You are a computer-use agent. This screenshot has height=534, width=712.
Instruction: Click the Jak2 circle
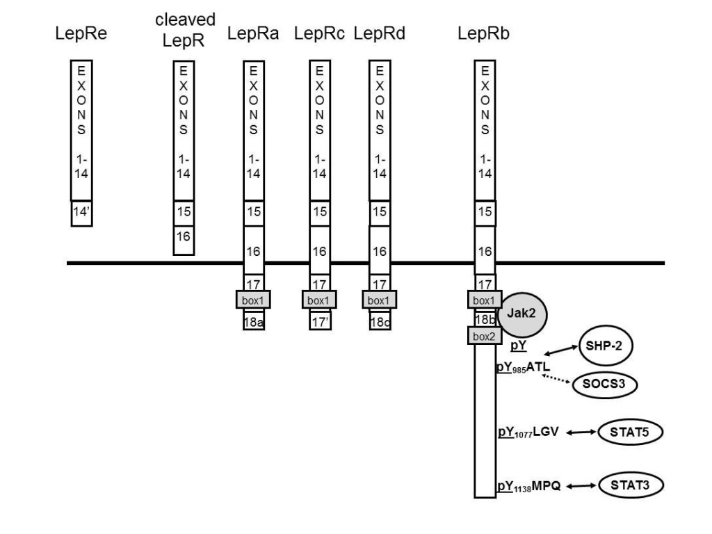pos(522,315)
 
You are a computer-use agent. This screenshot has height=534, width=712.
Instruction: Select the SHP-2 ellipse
pos(606,346)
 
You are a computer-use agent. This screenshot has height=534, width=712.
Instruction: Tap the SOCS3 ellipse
pos(604,384)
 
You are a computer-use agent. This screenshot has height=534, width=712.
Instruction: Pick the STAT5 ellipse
pos(630,432)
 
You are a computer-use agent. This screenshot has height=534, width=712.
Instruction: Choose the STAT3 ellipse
pos(631,485)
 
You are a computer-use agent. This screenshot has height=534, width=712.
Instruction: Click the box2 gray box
pos(485,336)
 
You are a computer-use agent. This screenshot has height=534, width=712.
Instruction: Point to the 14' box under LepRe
pos(82,213)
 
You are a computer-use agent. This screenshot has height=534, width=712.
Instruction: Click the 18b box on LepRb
pos(485,318)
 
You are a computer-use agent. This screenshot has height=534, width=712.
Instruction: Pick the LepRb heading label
pos(483,33)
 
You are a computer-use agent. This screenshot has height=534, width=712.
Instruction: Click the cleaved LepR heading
pos(184,30)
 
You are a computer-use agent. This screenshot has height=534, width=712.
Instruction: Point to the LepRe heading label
pos(81,33)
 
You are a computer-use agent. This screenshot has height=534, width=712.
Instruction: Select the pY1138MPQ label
pos(528,486)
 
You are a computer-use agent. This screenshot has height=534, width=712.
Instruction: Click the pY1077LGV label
pos(528,432)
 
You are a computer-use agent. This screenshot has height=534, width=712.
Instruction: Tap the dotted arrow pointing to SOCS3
pos(556,380)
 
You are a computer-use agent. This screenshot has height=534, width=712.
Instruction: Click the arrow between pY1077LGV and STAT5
pos(581,432)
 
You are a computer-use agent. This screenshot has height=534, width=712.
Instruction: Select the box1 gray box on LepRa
pos(253,300)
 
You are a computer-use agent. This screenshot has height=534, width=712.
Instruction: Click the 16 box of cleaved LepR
pos(184,240)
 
